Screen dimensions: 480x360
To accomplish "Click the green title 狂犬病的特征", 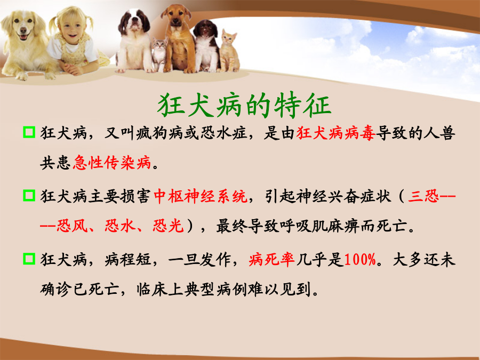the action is tap(244, 105).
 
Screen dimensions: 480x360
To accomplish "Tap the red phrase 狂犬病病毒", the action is tap(336, 133).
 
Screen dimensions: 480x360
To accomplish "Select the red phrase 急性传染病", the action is tap(112, 162).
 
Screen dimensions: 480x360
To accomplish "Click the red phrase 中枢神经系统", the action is tap(201, 196).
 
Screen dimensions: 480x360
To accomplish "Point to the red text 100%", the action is tap(360, 260).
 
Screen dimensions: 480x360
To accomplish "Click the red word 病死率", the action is tap(272, 260).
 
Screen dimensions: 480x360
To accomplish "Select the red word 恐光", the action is tap(168, 226).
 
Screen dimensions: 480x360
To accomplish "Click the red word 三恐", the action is tap(423, 196).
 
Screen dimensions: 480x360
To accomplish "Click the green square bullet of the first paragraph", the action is tap(29, 132).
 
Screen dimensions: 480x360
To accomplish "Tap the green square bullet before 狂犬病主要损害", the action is tap(29, 195).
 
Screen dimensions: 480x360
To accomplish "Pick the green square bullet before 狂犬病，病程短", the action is tap(29, 259).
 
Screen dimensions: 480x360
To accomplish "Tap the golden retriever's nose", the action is tap(23, 30).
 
